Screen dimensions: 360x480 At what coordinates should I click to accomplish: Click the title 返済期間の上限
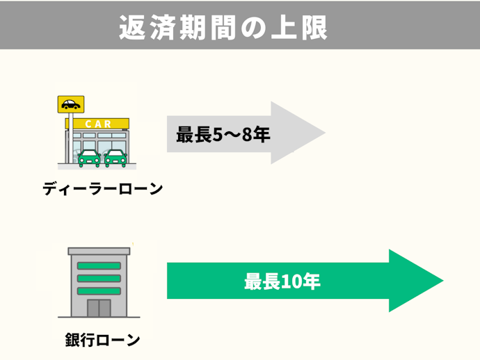pos(223,27)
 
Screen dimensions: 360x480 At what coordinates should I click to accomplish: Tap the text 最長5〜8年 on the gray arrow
pos(223,133)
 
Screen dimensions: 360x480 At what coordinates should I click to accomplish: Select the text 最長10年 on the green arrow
pos(282,281)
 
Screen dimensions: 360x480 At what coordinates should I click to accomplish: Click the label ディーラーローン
pos(102,188)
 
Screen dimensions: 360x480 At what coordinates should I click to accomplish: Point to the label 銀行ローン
pos(102,340)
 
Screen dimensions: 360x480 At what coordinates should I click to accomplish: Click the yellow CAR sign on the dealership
pos(97,124)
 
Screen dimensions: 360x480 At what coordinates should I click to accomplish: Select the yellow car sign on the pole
pos(70,104)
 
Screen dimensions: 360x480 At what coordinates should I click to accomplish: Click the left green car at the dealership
pos(88,158)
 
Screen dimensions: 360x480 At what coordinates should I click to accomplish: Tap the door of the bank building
pos(99,309)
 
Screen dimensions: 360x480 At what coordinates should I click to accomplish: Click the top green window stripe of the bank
pos(99,265)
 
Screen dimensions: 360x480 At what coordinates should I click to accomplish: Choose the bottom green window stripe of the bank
pos(99,290)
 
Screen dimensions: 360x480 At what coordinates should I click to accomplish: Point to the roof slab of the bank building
pos(99,250)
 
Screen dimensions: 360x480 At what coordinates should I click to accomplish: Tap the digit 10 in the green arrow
pos(291,281)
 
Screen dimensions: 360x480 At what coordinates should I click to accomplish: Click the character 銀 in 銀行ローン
pos(73,340)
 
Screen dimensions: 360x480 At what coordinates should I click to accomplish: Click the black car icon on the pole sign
pos(70,105)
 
